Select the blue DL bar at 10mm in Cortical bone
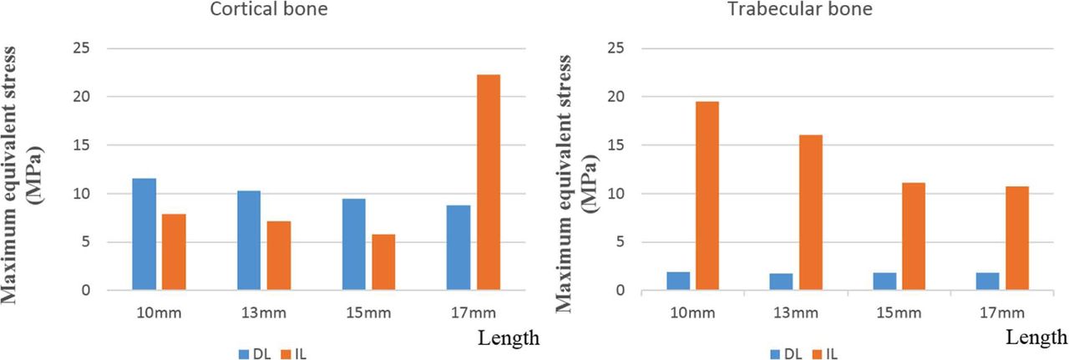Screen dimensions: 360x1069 tap(144, 235)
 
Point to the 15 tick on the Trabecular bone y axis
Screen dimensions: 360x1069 tap(618, 145)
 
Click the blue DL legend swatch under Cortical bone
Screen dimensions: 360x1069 tap(245, 353)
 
